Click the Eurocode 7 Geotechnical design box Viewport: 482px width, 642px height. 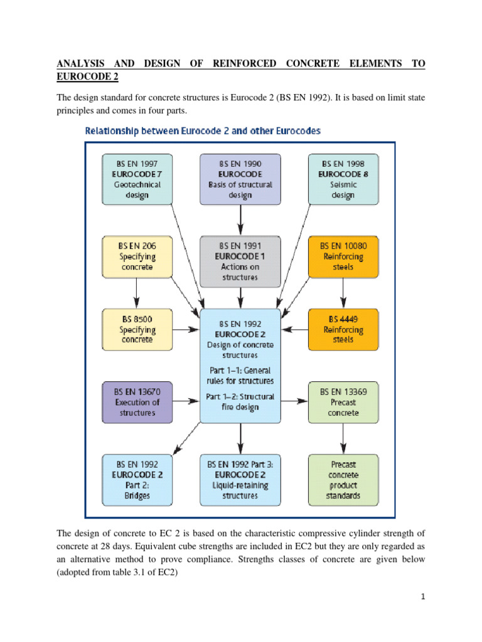pos(137,179)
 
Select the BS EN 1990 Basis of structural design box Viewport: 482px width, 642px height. pos(240,179)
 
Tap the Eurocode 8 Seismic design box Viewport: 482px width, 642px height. pos(343,179)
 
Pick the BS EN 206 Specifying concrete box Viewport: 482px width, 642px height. pos(137,256)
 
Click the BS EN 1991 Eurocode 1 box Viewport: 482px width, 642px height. pos(240,261)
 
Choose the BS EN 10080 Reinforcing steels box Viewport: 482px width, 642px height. pos(343,256)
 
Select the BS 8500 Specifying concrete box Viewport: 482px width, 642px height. pos(137,330)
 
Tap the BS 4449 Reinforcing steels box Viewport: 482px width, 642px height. pos(343,330)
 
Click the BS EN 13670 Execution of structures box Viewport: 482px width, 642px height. pos(137,403)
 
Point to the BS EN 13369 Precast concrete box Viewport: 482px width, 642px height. pos(343,403)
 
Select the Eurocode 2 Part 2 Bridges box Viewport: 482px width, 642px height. pos(137,480)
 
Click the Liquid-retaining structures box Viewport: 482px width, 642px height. pos(240,480)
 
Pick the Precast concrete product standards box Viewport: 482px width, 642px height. pos(343,480)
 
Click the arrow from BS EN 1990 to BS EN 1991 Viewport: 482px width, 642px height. pos(240,220)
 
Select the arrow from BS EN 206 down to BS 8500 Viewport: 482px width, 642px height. pos(137,293)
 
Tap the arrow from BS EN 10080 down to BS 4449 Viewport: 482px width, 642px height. pos(343,293)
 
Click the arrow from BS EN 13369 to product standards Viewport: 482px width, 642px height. pos(343,438)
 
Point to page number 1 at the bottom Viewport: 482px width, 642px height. pos(423,597)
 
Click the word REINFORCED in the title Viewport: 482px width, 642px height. pos(244,63)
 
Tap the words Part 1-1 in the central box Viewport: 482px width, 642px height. pos(225,371)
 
